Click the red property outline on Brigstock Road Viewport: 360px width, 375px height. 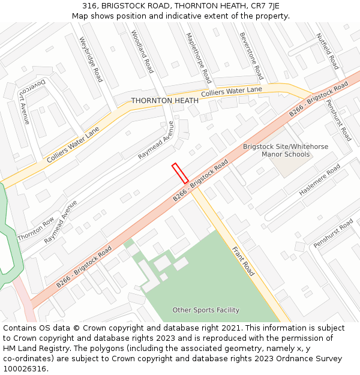(x=180, y=173)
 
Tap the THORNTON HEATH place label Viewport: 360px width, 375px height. (x=164, y=101)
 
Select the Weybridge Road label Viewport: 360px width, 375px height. (x=91, y=59)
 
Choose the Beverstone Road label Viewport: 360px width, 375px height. (x=251, y=56)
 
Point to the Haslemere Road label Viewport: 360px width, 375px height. (x=320, y=179)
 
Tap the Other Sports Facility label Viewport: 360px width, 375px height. (x=206, y=310)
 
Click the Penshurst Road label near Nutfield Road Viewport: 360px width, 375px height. (x=338, y=120)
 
